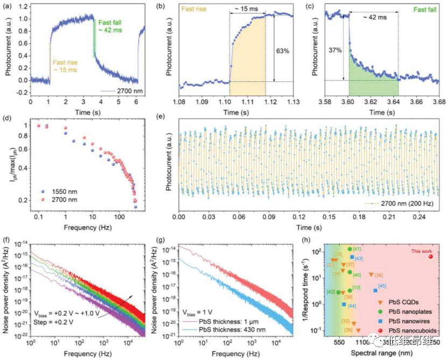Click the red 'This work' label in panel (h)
pos(422,250)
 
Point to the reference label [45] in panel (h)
pos(382,286)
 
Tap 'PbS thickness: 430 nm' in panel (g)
pos(223,330)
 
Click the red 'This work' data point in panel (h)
pos(430,256)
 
